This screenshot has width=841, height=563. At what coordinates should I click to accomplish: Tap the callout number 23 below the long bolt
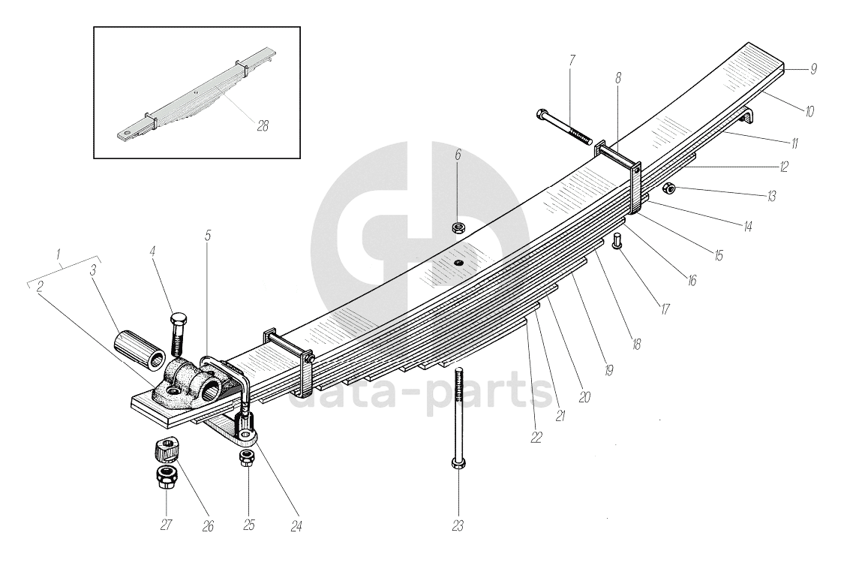coord(458,525)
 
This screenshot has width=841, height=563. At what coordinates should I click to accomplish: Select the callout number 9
coord(813,69)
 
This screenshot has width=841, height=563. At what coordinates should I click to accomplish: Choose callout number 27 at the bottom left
coord(167,525)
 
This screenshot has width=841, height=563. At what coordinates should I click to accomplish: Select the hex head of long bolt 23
coord(458,465)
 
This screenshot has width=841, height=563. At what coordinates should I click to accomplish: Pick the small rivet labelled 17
coord(617,242)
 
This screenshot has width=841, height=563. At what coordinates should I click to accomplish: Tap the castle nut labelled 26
coord(164,450)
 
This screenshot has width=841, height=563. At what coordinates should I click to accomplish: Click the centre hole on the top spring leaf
coord(457,262)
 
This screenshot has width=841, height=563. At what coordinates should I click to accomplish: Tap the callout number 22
coord(536,438)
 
